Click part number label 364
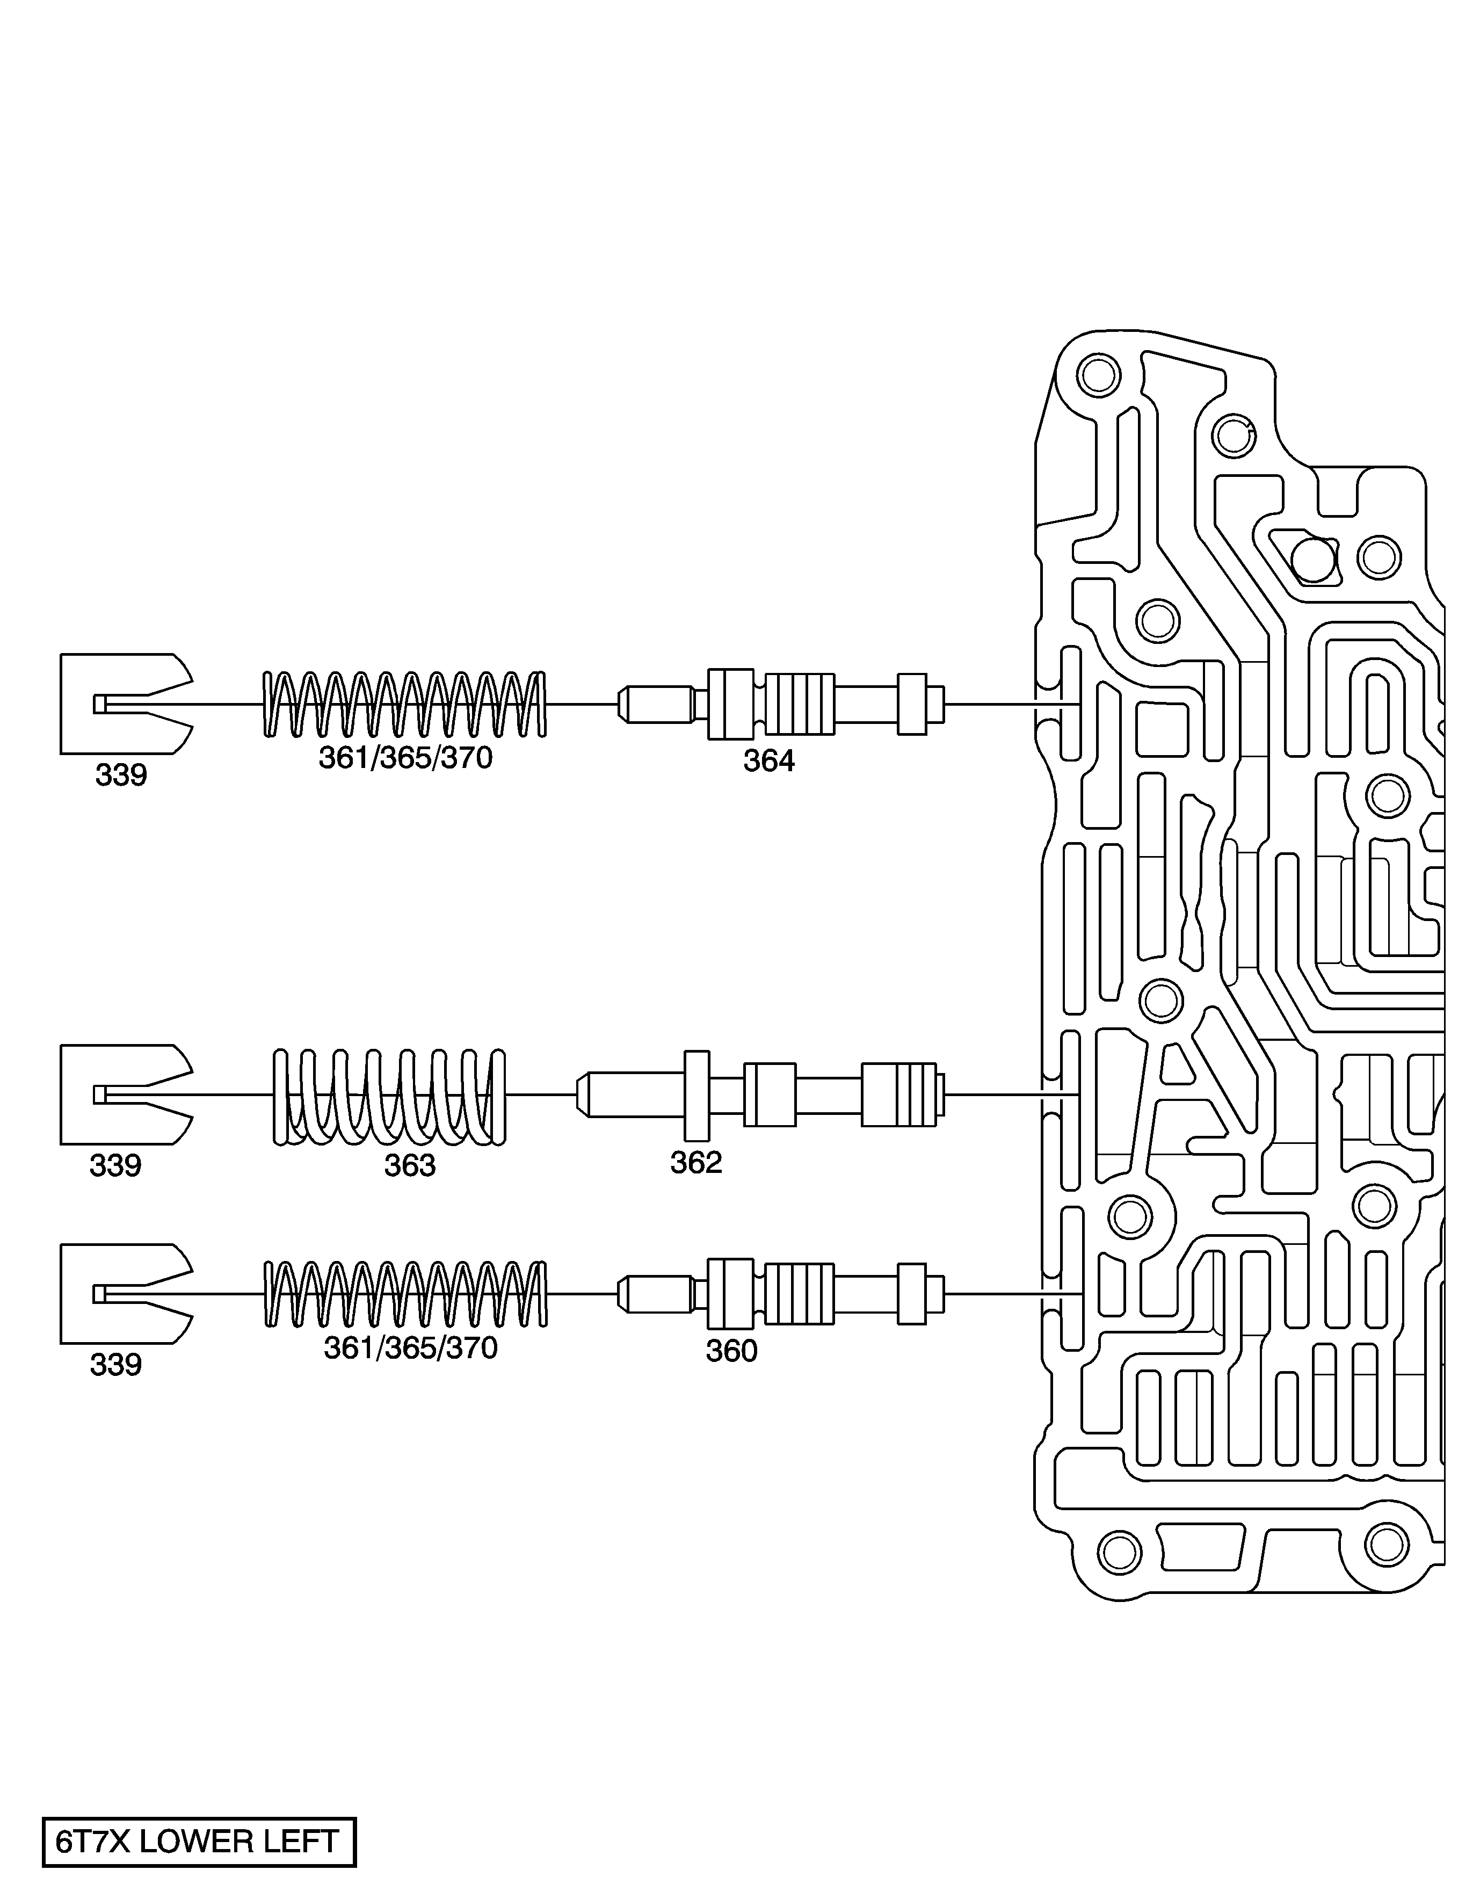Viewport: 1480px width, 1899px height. click(x=768, y=761)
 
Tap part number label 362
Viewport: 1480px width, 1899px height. click(x=695, y=1163)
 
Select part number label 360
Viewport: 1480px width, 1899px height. click(x=731, y=1350)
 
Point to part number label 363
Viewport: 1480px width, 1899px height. click(x=410, y=1165)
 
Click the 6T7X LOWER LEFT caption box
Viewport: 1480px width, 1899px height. click(x=199, y=1842)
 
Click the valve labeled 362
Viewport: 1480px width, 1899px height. click(x=760, y=1095)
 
